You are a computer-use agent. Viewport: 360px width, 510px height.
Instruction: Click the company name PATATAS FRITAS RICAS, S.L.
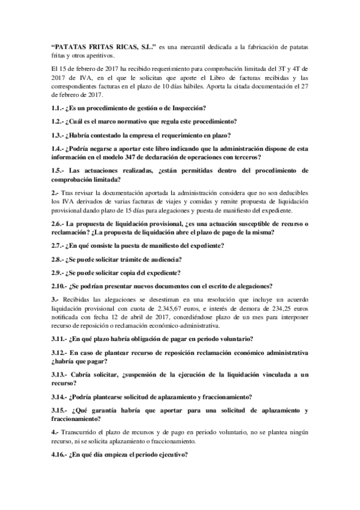(x=104, y=45)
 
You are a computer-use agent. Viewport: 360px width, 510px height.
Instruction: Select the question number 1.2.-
(x=59, y=121)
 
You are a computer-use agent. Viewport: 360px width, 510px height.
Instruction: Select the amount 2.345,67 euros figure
(x=176, y=307)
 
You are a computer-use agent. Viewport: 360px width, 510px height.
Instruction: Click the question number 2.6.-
(x=59, y=224)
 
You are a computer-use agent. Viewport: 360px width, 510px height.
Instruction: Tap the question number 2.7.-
(x=59, y=245)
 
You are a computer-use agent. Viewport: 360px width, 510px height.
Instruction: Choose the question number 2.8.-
(x=59, y=259)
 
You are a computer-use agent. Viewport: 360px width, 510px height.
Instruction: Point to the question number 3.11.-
(x=61, y=338)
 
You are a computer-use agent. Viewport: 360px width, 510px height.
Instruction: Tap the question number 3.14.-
(x=61, y=396)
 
